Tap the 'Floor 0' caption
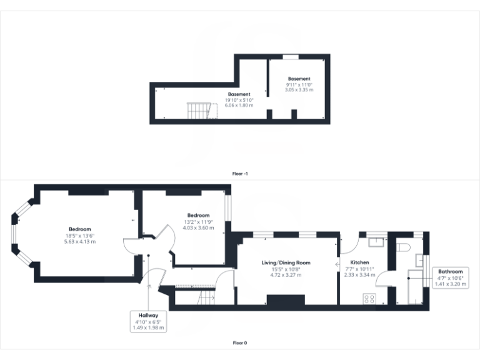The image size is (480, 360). [239, 342]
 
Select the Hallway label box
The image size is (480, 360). [149, 321]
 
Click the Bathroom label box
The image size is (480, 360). [450, 277]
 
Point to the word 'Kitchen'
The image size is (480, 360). [359, 262]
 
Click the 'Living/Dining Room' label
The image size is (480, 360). [286, 263]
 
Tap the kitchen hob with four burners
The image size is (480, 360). [369, 299]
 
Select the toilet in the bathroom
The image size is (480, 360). [403, 247]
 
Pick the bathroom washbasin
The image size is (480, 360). [420, 261]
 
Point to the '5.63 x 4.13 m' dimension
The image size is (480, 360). [81, 241]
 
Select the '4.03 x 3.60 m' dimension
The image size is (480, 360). [198, 227]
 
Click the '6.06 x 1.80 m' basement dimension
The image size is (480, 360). [239, 105]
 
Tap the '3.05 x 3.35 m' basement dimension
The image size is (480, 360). [299, 90]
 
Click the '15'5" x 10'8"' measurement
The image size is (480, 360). [286, 269]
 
